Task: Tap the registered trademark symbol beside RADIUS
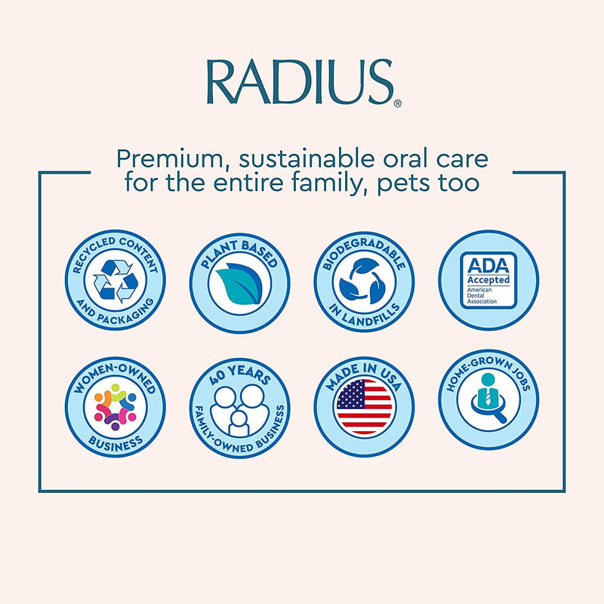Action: click(x=397, y=104)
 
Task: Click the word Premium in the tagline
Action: click(x=162, y=160)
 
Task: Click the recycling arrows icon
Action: click(x=116, y=282)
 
